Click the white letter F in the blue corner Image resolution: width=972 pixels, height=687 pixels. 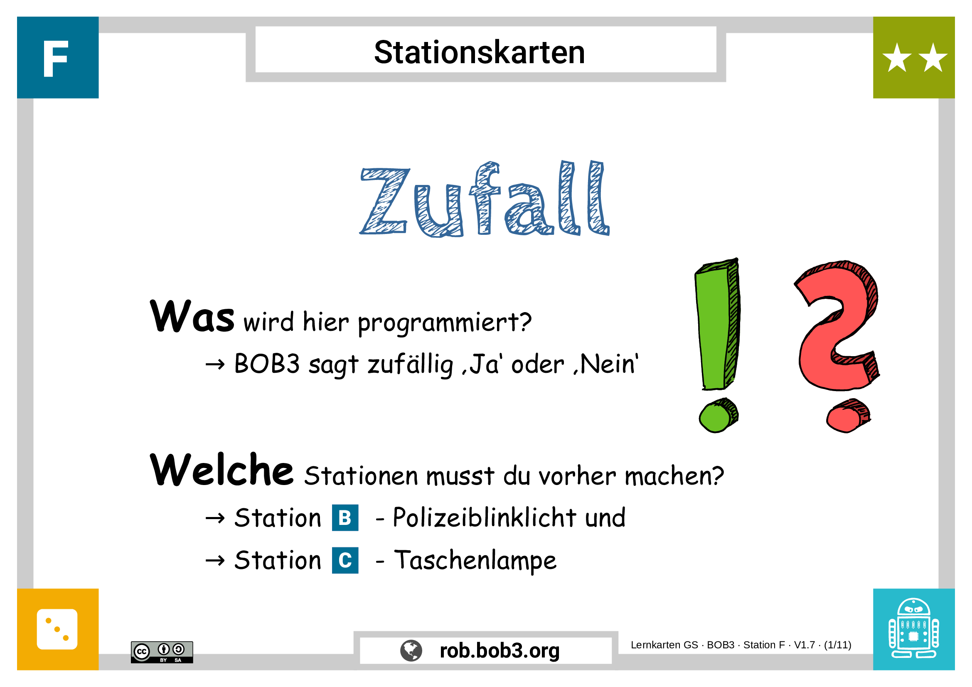coord(55,59)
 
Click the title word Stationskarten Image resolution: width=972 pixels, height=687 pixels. coord(479,52)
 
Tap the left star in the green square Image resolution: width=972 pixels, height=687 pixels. coord(897,58)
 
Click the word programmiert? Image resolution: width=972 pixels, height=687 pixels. coord(445,323)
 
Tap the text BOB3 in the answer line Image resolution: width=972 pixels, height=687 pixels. coord(267,364)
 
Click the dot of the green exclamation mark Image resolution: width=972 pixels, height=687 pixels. coord(719,416)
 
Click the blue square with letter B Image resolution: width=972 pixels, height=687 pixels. coord(345,518)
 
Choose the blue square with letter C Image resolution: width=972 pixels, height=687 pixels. coord(345,560)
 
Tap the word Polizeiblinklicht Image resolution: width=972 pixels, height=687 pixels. coord(484,518)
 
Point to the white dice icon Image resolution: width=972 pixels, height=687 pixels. coord(57,629)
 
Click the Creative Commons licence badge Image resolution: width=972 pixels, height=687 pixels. coord(162,652)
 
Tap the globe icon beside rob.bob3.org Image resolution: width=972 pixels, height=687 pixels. coord(411,650)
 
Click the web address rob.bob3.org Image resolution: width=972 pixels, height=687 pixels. coord(500,650)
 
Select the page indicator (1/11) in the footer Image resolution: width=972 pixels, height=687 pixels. coord(837,645)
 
